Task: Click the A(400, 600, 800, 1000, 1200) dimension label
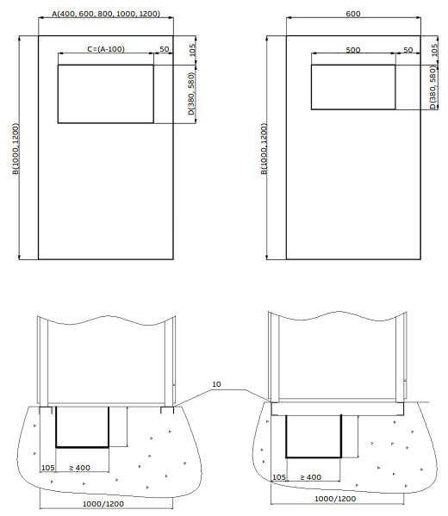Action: coord(106,14)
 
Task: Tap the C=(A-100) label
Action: coord(106,49)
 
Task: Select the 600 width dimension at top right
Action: coord(353,14)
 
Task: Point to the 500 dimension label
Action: coord(353,50)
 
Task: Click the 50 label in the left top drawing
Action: coord(165,49)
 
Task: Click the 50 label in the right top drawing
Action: coord(408,50)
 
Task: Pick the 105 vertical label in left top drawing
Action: coord(193,50)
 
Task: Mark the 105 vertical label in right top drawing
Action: coord(434,50)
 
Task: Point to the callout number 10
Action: coord(216,384)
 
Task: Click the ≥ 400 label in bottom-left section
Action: coord(79,468)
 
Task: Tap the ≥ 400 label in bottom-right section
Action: coord(311,477)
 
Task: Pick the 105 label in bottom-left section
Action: coord(47,468)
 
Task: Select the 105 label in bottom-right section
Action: coord(279,477)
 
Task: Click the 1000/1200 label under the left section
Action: coord(103,504)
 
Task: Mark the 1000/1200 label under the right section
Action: coord(335,499)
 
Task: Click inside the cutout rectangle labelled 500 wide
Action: coord(353,87)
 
